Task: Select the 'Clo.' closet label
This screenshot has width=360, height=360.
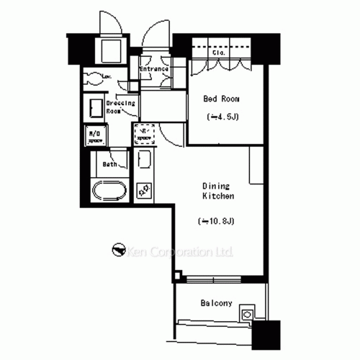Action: [x=219, y=53]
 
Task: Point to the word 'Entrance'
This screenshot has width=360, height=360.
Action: [x=154, y=69]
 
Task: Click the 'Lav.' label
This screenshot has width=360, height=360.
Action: [x=106, y=76]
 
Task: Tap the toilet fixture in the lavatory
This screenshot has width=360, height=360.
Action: [x=91, y=78]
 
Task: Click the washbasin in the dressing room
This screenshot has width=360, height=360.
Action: [x=95, y=108]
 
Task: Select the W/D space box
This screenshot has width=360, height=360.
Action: [x=94, y=136]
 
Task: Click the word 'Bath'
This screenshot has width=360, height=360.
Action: [x=109, y=164]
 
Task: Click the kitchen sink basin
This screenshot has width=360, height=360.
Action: [x=143, y=161]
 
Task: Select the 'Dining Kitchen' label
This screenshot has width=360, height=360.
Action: [x=216, y=189]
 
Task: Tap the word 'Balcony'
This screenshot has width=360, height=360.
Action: [x=216, y=303]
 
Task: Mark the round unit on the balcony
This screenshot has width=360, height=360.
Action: [x=248, y=314]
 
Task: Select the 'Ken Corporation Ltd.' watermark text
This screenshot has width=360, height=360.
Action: [x=181, y=252]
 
